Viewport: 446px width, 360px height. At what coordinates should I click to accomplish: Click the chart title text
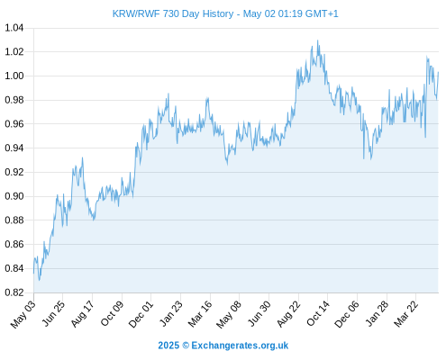(x=225, y=13)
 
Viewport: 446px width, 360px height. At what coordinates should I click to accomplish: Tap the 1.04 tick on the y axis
(x=14, y=28)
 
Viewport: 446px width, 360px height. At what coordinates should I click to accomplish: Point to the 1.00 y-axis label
(x=14, y=76)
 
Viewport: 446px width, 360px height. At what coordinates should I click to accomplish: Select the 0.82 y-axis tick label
(x=14, y=292)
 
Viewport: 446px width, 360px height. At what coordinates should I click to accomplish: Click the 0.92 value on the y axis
(x=14, y=172)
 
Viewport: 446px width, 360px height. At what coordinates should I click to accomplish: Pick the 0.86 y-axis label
(x=14, y=244)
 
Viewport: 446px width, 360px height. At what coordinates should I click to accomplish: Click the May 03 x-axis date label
(x=23, y=314)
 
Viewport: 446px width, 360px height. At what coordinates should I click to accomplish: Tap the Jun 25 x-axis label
(x=53, y=313)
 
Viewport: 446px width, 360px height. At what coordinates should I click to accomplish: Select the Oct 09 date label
(x=112, y=313)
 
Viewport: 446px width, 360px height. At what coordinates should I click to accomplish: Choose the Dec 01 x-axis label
(x=141, y=314)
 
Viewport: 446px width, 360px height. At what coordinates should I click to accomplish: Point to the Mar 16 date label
(x=200, y=314)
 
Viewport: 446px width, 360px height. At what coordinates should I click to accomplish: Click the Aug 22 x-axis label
(x=288, y=314)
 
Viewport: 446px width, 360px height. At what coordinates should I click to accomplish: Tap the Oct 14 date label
(x=318, y=313)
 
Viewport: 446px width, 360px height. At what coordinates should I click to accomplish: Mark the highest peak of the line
(x=318, y=40)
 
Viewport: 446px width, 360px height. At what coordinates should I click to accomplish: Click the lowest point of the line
(x=39, y=281)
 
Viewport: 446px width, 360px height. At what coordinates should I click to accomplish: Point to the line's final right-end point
(x=439, y=72)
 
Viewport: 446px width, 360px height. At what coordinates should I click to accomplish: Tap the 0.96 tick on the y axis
(x=14, y=124)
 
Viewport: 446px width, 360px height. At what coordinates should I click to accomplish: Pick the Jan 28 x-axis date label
(x=377, y=314)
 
